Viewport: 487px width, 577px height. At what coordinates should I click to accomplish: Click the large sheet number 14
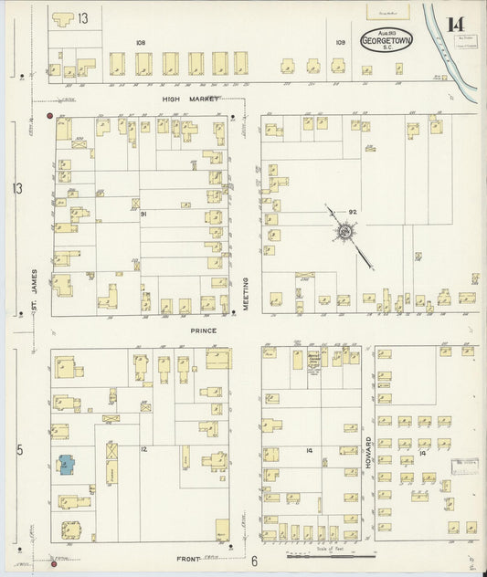pyautogui.click(x=455, y=25)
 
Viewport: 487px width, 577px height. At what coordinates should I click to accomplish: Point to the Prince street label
pyautogui.click(x=203, y=330)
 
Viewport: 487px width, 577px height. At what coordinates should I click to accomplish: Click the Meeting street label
pyautogui.click(x=246, y=295)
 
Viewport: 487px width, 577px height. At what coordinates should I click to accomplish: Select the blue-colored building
pyautogui.click(x=67, y=465)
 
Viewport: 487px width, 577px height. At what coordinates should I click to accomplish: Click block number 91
pyautogui.click(x=143, y=213)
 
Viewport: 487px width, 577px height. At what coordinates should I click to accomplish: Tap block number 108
pyautogui.click(x=140, y=42)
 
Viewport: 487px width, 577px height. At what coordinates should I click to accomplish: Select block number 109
pyautogui.click(x=340, y=42)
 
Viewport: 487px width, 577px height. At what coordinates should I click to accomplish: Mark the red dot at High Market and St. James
pyautogui.click(x=49, y=116)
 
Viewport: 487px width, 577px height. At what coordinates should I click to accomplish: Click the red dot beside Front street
pyautogui.click(x=54, y=564)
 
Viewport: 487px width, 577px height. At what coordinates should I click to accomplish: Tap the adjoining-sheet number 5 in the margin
pyautogui.click(x=17, y=449)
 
